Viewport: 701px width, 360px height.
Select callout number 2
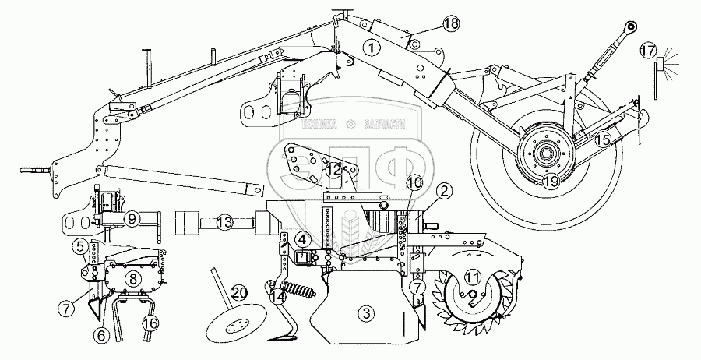pyautogui.click(x=444, y=190)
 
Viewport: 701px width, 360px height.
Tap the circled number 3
pyautogui.click(x=365, y=314)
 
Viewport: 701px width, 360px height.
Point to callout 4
pyautogui.click(x=300, y=239)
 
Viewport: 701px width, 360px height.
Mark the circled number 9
pyautogui.click(x=133, y=220)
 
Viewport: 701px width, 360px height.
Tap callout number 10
pyautogui.click(x=414, y=183)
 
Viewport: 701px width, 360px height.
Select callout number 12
pyautogui.click(x=333, y=169)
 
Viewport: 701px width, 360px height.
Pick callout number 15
pyautogui.click(x=603, y=140)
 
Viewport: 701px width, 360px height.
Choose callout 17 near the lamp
pyautogui.click(x=648, y=51)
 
